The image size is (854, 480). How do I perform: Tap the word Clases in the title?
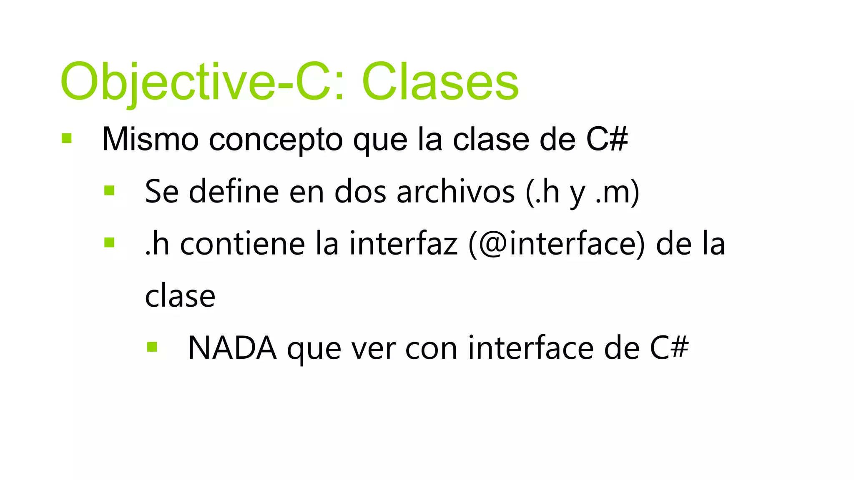(x=440, y=82)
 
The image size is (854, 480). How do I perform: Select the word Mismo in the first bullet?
(x=150, y=139)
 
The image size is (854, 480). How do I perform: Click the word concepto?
(x=276, y=140)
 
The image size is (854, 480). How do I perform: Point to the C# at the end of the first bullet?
(x=607, y=139)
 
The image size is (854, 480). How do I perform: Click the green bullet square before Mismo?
(x=67, y=138)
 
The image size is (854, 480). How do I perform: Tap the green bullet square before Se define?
(x=109, y=190)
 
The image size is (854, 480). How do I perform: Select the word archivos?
(x=456, y=192)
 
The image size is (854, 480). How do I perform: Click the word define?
(x=234, y=192)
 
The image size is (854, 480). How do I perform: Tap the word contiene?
(x=242, y=244)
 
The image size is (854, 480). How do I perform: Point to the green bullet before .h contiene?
(x=109, y=242)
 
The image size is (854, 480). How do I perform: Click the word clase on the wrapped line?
(x=180, y=296)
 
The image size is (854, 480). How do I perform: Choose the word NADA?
(x=232, y=348)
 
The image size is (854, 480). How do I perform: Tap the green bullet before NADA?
(x=152, y=347)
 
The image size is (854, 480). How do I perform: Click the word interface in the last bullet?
(x=530, y=348)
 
